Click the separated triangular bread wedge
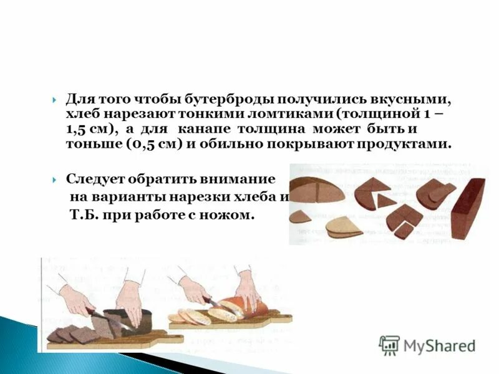click(385, 201)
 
